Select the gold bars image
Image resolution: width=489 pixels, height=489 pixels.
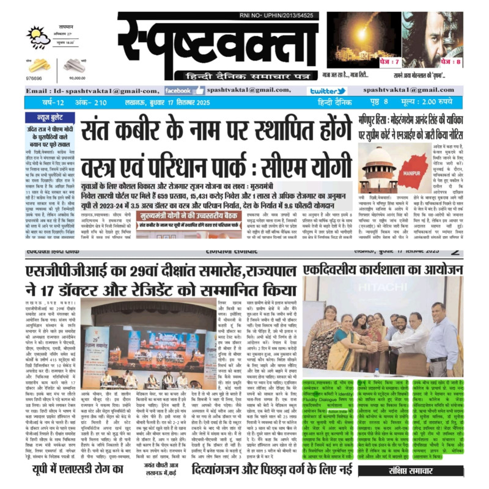(x=39, y=65)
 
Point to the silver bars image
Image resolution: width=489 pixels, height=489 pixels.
(x=75, y=65)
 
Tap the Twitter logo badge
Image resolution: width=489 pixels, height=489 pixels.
(x=326, y=90)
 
